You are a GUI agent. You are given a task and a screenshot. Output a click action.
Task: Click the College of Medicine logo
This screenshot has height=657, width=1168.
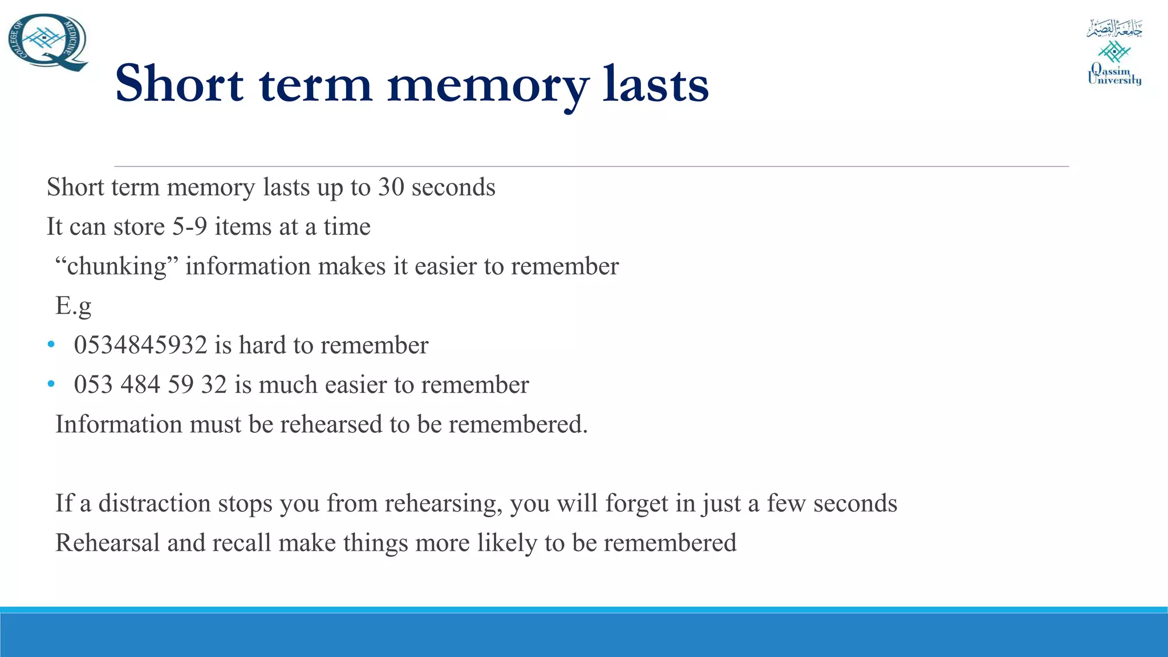pos(48,42)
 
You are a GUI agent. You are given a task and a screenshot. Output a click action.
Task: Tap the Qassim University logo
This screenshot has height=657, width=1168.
pos(1114,52)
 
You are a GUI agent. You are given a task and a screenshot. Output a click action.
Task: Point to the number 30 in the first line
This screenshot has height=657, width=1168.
pos(391,187)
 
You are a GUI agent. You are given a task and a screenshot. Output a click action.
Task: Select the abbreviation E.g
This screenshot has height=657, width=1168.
pos(73,306)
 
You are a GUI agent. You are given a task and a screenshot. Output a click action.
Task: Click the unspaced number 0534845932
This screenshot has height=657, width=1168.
pos(140,345)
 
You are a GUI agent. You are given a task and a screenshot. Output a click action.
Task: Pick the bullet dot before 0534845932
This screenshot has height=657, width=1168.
pos(51,345)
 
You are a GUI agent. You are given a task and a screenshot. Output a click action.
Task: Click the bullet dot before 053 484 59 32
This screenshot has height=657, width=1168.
pos(51,384)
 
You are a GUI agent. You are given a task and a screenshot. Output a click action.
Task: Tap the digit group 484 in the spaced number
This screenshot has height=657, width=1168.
pos(140,384)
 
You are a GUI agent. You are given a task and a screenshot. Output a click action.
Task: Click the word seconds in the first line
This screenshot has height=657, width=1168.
pos(453,187)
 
